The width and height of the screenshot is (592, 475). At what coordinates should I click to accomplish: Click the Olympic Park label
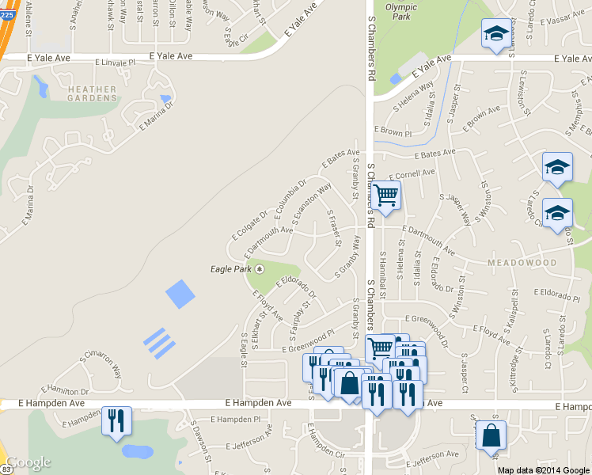(400, 12)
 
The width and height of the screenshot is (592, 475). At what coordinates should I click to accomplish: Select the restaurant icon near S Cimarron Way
(116, 420)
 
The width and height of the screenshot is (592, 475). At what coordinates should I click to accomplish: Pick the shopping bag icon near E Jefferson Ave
(491, 435)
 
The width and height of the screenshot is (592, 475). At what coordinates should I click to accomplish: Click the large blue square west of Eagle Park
(180, 294)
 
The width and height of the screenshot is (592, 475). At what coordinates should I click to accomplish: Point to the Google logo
(28, 462)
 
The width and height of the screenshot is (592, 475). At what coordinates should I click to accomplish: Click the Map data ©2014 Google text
(545, 469)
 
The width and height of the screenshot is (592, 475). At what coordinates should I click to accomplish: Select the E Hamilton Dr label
(68, 389)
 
